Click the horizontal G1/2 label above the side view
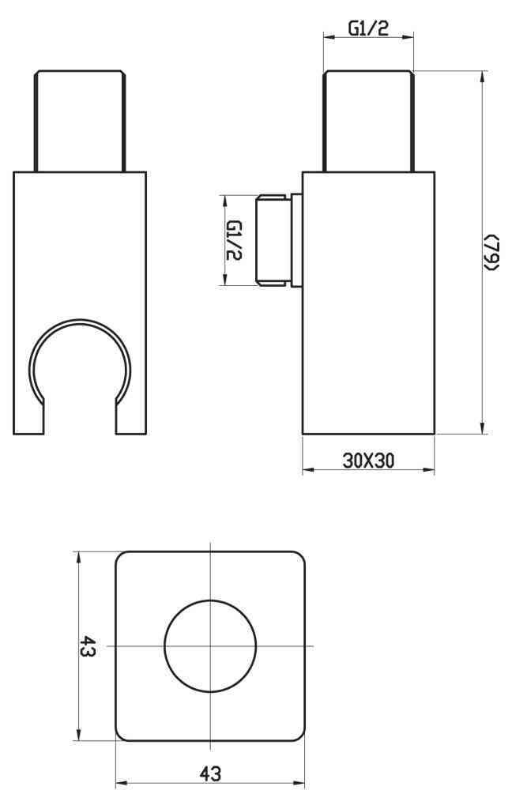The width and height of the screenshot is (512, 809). click(x=368, y=28)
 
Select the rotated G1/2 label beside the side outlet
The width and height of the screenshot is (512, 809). click(x=234, y=240)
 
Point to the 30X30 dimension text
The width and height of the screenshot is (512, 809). click(x=368, y=460)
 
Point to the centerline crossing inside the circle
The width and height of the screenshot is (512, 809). click(x=210, y=646)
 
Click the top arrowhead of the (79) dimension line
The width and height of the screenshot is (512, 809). click(x=483, y=74)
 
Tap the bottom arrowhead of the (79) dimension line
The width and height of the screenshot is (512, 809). click(x=483, y=429)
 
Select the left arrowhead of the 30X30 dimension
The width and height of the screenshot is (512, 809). click(x=307, y=470)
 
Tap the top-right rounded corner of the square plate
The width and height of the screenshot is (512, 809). click(x=299, y=557)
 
